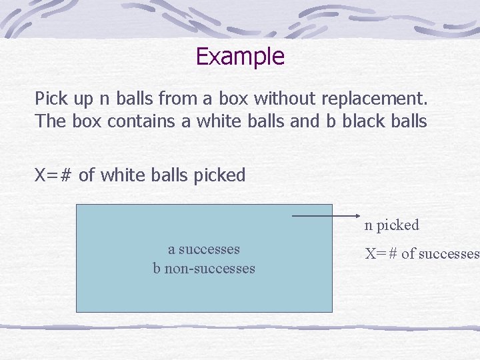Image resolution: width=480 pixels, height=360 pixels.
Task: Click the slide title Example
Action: (240, 56)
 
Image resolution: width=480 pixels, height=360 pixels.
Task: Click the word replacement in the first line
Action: (374, 99)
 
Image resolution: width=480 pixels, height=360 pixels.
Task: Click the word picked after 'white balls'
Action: (219, 175)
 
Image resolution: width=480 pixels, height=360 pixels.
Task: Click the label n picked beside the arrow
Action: (391, 225)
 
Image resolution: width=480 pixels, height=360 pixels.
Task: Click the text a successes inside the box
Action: (204, 249)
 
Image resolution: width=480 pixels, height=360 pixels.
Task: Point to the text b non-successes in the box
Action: (204, 269)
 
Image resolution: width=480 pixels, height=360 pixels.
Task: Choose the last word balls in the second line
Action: (405, 121)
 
